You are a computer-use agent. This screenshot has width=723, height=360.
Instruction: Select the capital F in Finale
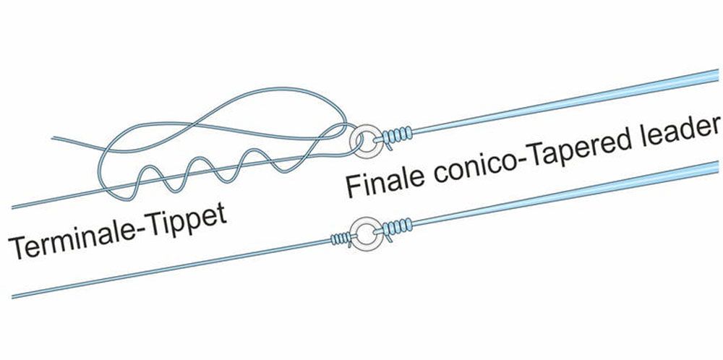point(353,187)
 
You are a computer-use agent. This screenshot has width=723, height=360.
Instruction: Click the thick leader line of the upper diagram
point(578,101)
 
